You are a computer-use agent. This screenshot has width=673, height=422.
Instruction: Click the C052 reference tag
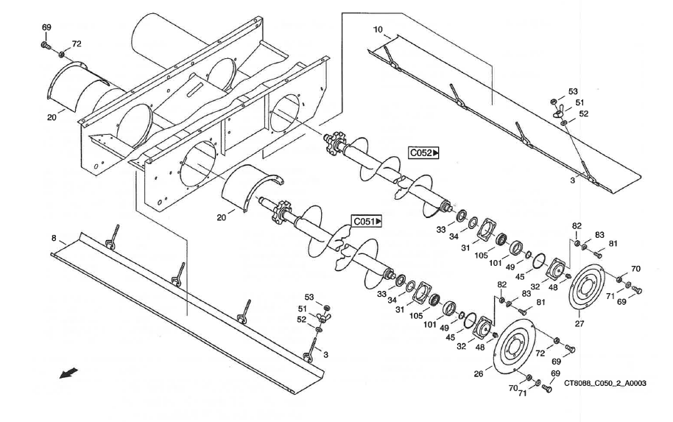click(423, 153)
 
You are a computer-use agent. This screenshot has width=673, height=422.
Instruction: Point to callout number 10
click(378, 30)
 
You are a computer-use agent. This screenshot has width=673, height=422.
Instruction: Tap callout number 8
click(54, 238)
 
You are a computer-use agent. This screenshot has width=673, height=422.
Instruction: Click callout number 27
click(579, 322)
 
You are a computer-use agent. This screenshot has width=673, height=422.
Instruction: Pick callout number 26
click(479, 374)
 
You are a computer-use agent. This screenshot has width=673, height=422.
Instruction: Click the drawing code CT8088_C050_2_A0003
click(605, 383)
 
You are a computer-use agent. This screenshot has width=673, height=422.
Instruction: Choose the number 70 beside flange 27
click(635, 269)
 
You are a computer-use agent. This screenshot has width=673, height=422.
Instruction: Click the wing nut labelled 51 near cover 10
click(557, 112)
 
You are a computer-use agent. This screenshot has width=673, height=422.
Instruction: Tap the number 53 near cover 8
click(310, 297)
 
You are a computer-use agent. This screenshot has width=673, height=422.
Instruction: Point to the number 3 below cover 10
click(572, 179)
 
